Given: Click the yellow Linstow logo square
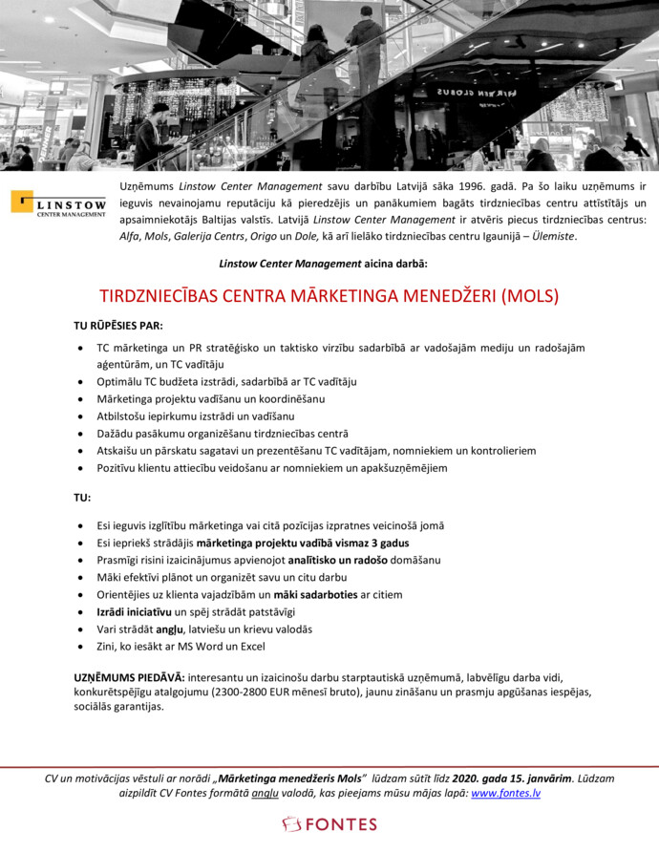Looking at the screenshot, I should tap(22, 202).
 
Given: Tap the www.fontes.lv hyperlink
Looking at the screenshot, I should tap(505, 793).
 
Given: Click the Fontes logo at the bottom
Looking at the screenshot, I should tap(329, 823).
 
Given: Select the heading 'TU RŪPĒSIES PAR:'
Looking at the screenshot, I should tap(118, 325).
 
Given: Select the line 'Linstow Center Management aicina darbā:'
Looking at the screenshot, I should tap(323, 263).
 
